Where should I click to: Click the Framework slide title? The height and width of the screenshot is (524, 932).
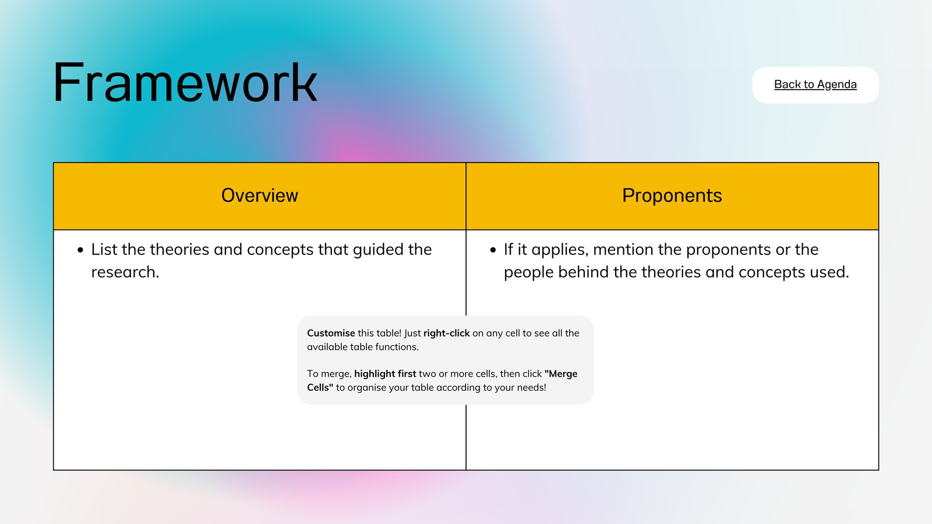coord(185,82)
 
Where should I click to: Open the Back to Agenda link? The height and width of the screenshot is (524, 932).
coord(815,84)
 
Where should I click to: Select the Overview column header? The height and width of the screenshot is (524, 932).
coord(260,196)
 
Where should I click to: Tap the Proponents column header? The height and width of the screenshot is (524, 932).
coord(672,196)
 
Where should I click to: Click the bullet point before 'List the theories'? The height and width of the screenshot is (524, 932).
coord(80,250)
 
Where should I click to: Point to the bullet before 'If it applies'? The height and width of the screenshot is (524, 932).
coord(493,250)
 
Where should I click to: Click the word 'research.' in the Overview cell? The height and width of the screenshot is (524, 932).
coord(125,272)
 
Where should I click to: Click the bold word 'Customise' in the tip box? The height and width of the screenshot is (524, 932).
coord(331,333)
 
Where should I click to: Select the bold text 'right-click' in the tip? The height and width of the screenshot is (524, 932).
coord(446,333)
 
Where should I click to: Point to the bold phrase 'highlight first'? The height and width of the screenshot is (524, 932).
coord(385,374)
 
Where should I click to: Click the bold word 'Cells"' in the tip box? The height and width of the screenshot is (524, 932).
coord(320,388)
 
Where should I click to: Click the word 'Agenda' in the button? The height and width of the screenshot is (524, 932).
coord(836,85)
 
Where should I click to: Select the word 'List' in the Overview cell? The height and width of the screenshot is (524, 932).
coord(104,250)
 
